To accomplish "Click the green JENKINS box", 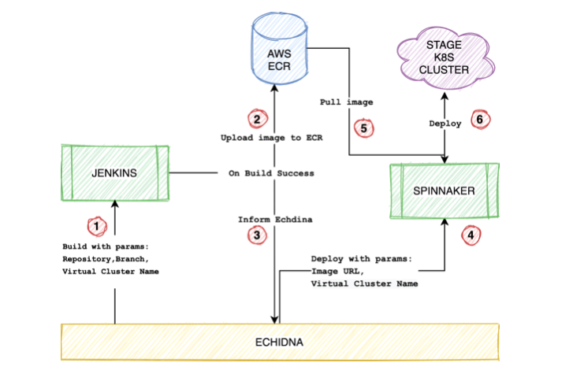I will [x=116, y=173].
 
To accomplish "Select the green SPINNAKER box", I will [x=446, y=191].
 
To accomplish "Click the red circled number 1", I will [x=95, y=227].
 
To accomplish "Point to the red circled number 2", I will [x=255, y=120].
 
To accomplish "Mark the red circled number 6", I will [x=480, y=120].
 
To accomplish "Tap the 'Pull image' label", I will [x=346, y=102].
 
